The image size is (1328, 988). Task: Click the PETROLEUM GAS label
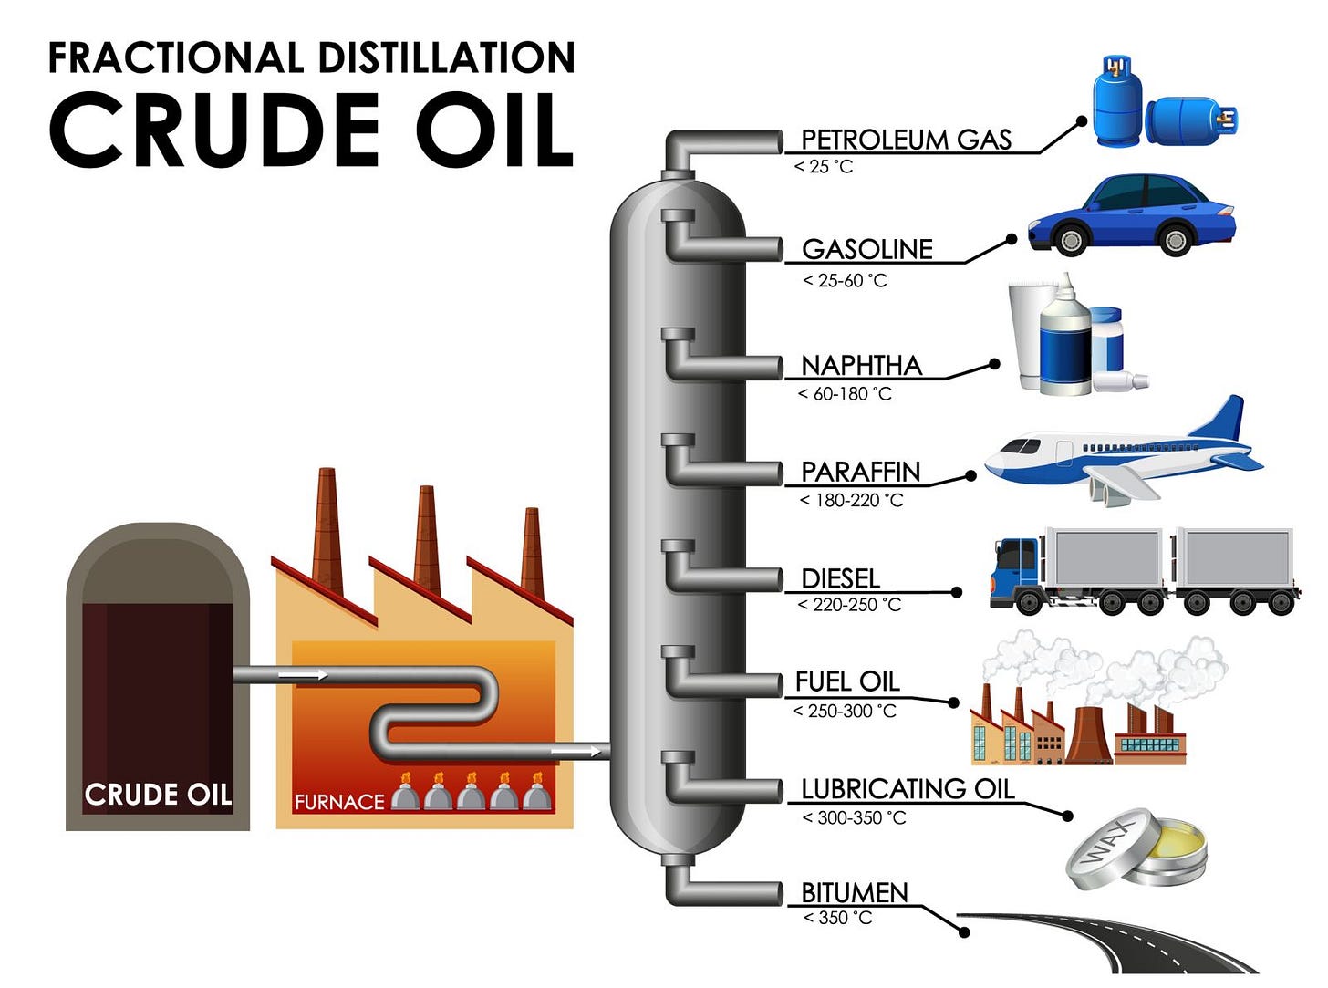tap(906, 140)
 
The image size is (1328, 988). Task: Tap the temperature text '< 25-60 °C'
tap(844, 280)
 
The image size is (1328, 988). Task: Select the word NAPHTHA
tap(861, 365)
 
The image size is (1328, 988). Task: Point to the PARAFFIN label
tap(860, 472)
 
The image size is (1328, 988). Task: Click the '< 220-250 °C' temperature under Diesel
tap(848, 604)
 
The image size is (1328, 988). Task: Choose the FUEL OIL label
tap(846, 681)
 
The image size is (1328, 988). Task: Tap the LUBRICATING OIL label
tap(907, 788)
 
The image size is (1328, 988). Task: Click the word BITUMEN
tap(854, 892)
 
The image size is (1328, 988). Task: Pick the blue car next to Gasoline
tap(1131, 216)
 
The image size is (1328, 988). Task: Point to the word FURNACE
tap(339, 802)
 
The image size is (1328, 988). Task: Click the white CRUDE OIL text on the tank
tap(158, 795)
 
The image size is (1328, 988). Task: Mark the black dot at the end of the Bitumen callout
tap(964, 932)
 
